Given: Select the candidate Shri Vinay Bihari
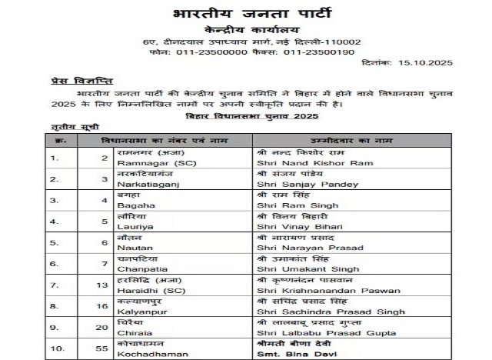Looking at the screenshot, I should pyautogui.click(x=291, y=228).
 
